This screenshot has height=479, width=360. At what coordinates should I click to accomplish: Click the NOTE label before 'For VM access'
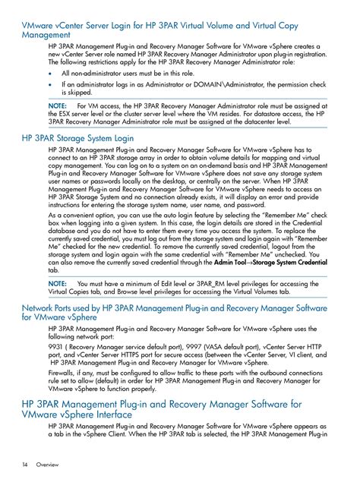pyautogui.click(x=58, y=105)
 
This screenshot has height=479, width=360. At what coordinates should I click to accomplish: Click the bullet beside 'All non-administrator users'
pyautogui.click(x=50, y=74)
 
